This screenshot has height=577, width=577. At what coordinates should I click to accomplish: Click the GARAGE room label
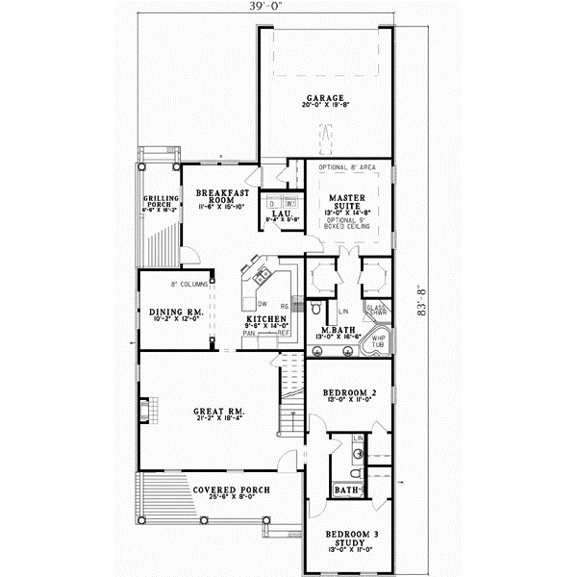pos(324,98)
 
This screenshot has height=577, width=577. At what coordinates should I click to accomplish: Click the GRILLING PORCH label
pos(158,202)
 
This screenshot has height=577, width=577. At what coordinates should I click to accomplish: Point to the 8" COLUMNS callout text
pos(188,284)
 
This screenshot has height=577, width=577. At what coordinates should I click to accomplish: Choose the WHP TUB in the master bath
pos(376,342)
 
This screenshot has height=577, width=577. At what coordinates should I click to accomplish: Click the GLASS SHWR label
pos(376,311)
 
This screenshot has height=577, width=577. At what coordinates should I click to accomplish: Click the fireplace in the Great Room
pos(144,411)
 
